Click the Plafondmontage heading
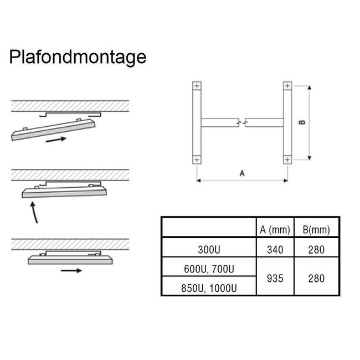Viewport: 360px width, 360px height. pyautogui.click(x=78, y=57)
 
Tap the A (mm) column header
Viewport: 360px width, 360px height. pyautogui.click(x=275, y=230)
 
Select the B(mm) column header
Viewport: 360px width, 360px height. pyautogui.click(x=316, y=230)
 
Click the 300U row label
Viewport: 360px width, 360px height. pyautogui.click(x=209, y=250)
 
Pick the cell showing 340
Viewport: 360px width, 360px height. pyautogui.click(x=275, y=250)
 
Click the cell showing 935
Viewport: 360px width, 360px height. pyautogui.click(x=275, y=278)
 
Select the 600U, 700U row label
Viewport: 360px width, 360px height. pyautogui.click(x=209, y=269)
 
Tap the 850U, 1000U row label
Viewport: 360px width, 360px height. pyautogui.click(x=209, y=288)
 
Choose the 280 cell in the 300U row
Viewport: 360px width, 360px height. pyautogui.click(x=316, y=250)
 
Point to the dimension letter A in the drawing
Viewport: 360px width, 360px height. pyautogui.click(x=242, y=173)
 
